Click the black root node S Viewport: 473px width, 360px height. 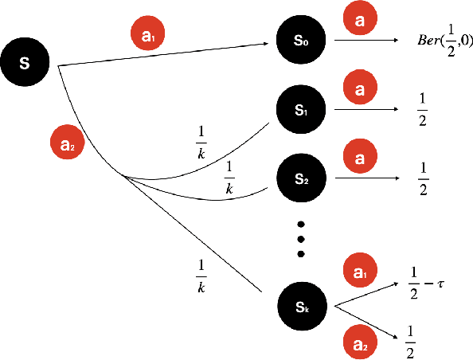(25, 62)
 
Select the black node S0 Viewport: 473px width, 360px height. (300, 39)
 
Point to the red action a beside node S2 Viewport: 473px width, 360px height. (360, 158)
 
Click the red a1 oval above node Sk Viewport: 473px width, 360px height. (360, 272)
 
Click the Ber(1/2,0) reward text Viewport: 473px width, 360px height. (445, 41)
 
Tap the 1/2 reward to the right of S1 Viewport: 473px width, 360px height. (423, 109)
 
